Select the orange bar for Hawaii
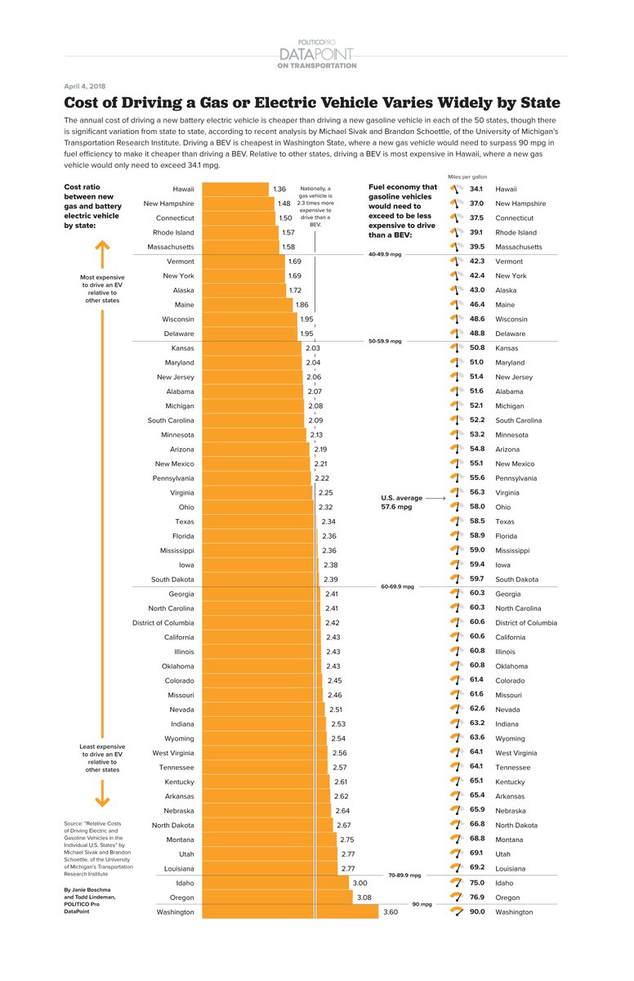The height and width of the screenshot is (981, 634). point(234,189)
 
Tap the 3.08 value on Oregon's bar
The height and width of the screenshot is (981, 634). point(364,898)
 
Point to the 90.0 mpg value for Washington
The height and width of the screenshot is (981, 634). point(478,912)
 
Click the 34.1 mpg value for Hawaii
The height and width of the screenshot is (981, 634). point(478,189)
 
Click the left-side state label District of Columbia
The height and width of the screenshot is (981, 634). point(163,623)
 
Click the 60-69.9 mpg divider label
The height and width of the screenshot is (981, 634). point(398,586)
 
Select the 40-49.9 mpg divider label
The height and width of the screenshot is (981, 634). point(386,254)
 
